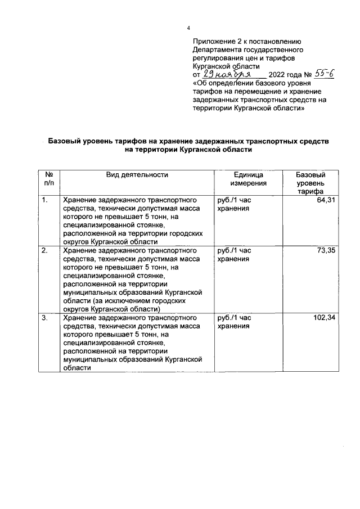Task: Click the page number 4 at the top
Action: point(189,28)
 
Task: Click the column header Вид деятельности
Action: point(137,175)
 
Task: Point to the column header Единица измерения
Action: point(248,179)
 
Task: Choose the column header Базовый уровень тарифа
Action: point(310,183)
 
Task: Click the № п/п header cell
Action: point(49,179)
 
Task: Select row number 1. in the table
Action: point(45,200)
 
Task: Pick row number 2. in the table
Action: point(45,250)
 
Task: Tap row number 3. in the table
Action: point(45,318)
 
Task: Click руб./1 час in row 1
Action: point(234,200)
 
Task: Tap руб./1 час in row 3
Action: point(234,318)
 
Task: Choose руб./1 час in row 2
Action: point(234,250)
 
